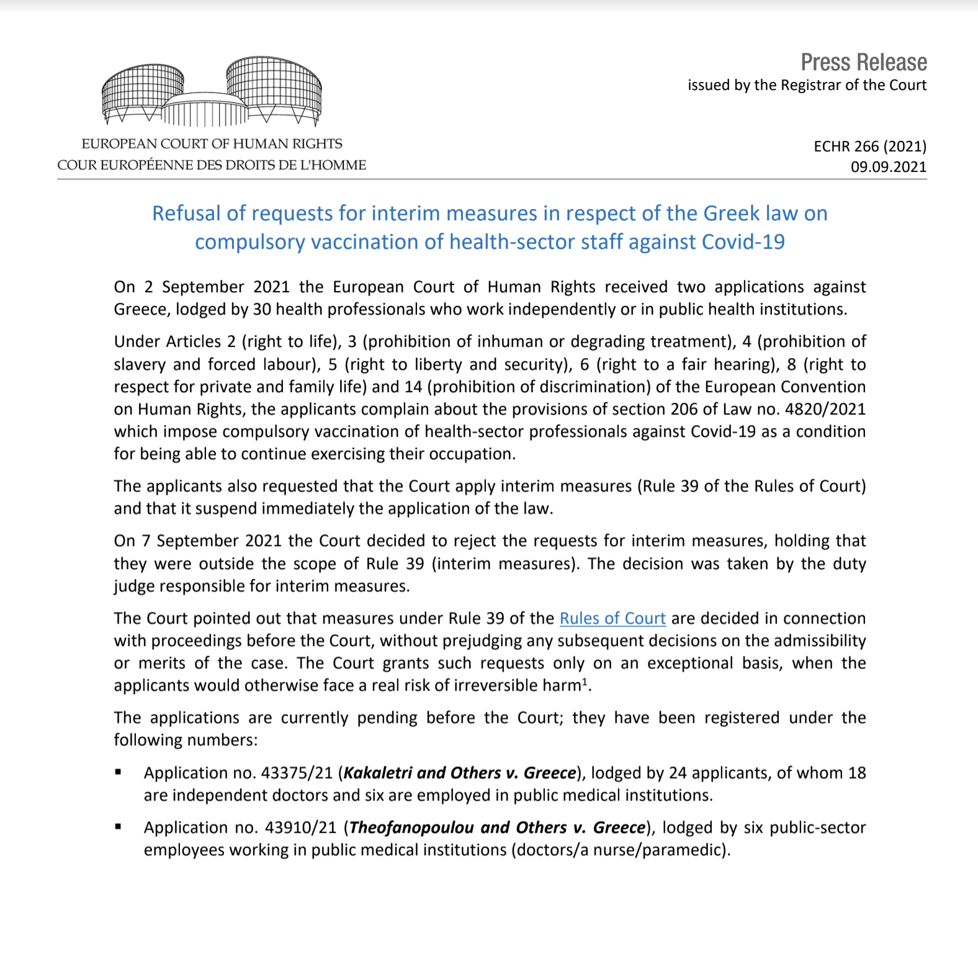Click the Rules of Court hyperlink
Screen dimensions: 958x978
click(x=612, y=619)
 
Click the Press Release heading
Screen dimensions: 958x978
click(x=863, y=63)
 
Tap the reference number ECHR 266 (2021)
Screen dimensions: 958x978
click(x=869, y=146)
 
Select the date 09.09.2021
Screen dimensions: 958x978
click(x=888, y=167)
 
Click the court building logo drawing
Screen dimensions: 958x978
click(x=212, y=92)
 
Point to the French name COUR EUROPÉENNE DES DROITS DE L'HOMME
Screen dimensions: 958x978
click(x=212, y=165)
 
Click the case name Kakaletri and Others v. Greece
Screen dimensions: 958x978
click(x=460, y=773)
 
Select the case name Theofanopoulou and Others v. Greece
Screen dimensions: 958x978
click(x=498, y=828)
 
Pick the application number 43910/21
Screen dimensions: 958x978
click(x=300, y=828)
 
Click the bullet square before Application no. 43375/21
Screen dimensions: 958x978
click(x=118, y=772)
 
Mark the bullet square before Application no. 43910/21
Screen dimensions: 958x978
click(x=118, y=827)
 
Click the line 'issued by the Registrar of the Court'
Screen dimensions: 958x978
click(x=807, y=85)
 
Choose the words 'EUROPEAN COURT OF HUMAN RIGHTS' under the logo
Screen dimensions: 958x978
click(x=212, y=144)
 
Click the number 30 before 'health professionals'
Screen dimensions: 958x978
click(x=261, y=310)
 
